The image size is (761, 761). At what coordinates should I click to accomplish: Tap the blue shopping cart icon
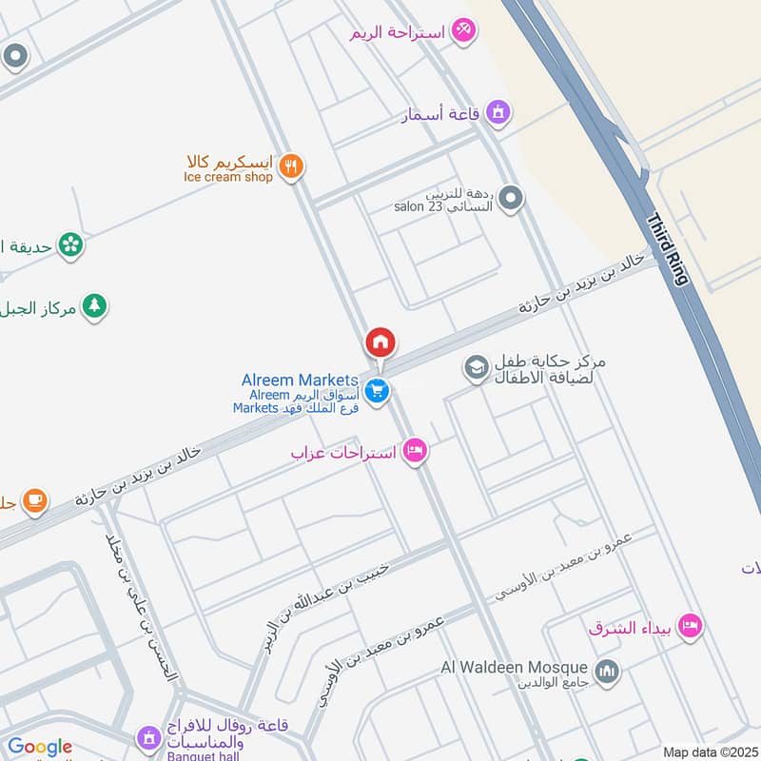coord(378,391)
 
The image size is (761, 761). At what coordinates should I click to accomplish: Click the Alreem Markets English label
coord(300,380)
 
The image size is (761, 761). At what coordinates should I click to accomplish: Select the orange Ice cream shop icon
coord(292,167)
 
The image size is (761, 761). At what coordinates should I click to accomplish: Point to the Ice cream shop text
coord(228,177)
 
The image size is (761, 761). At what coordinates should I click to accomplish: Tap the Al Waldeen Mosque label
coord(514,667)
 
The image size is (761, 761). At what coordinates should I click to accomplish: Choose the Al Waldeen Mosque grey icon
coord(606,673)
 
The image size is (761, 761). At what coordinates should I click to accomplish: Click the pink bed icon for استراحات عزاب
coord(415,451)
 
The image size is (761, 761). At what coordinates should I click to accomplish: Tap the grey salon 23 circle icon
coord(512,199)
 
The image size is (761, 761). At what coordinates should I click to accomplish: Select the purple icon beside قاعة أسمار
coord(498,113)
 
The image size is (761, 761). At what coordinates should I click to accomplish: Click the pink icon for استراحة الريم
coord(463,30)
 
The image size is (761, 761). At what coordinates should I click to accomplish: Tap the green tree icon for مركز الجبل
coord(93,305)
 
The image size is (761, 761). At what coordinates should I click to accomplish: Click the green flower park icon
coord(69,245)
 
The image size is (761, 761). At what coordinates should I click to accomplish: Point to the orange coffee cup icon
coord(35,499)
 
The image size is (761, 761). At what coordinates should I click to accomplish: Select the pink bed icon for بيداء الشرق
coord(691,625)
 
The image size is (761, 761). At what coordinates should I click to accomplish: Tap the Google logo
coord(39,748)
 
